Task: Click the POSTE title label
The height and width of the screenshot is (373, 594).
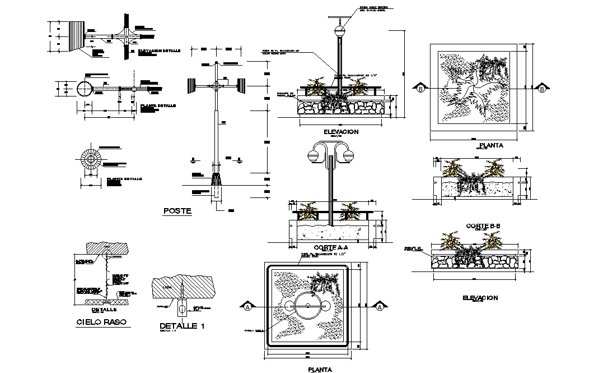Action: [177, 211]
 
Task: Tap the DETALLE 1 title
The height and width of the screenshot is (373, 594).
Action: [181, 326]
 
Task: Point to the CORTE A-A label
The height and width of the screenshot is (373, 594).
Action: [331, 247]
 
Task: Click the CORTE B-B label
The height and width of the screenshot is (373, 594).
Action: [482, 226]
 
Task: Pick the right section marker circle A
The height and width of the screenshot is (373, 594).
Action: [380, 307]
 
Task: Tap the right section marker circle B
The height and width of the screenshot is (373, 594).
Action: [542, 88]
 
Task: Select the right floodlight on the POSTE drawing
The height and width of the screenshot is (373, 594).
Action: [242, 86]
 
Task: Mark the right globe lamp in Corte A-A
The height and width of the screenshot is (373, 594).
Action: [349, 155]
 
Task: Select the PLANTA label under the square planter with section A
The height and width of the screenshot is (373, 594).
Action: [320, 370]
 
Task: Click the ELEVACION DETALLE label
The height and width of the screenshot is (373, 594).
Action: [160, 50]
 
